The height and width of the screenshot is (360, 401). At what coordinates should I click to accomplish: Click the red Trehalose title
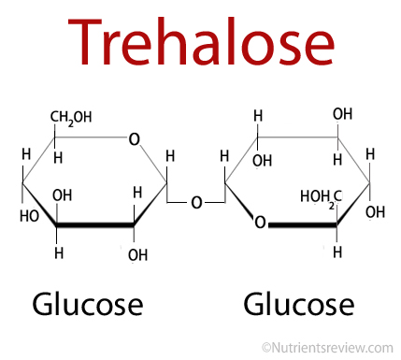(201, 41)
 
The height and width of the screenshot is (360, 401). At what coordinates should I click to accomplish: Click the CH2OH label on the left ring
(71, 118)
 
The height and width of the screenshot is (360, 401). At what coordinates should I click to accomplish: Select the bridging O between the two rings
(196, 203)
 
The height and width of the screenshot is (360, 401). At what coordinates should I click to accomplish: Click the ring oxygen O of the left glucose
(135, 139)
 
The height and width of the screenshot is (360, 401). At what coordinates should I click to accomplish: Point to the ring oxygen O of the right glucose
(260, 223)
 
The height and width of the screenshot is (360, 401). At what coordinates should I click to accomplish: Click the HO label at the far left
(29, 216)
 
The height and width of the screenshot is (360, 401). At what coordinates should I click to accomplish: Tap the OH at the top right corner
(342, 114)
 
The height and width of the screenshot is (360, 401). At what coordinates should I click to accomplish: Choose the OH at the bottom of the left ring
(137, 255)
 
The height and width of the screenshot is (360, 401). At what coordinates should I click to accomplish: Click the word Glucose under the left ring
(88, 305)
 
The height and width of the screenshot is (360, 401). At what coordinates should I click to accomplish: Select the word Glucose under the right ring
(298, 305)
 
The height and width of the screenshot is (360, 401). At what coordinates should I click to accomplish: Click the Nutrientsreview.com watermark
(327, 348)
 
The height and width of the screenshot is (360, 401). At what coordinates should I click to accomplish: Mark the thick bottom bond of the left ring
(95, 224)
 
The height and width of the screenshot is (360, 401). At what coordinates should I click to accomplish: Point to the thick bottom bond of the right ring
(302, 224)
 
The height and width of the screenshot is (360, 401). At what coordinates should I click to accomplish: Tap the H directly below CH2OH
(58, 158)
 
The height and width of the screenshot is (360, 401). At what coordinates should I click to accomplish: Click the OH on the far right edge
(375, 212)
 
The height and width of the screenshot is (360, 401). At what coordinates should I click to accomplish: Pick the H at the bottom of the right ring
(337, 252)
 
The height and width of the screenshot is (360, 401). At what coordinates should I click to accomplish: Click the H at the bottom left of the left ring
(59, 253)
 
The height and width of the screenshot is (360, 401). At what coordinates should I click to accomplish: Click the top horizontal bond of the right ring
(297, 137)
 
